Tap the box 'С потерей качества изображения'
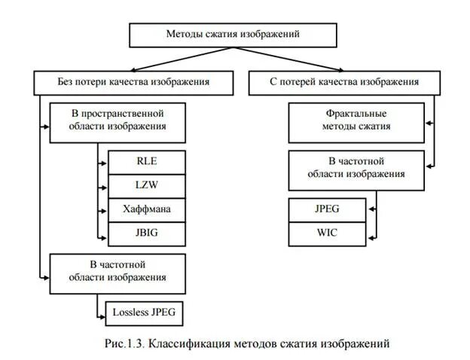coord(344,82)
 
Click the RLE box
coord(147,162)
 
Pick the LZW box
coord(147,185)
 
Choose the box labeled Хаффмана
coord(147,209)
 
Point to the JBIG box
coord(147,233)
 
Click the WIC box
coord(327,233)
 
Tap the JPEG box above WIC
coord(327,209)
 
